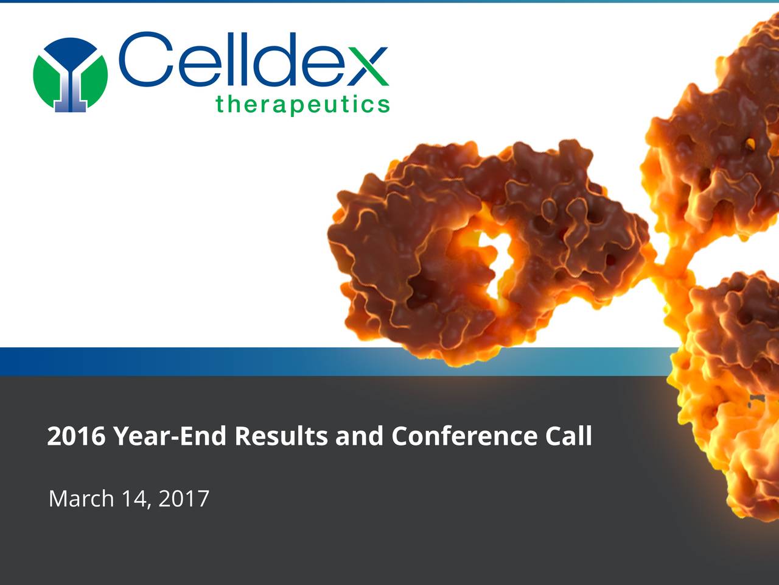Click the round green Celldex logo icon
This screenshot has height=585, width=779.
pyautogui.click(x=70, y=74)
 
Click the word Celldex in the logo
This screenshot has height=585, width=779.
pyautogui.click(x=253, y=60)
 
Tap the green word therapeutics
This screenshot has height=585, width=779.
pyautogui.click(x=302, y=105)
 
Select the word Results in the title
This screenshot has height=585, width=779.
pyautogui.click(x=282, y=436)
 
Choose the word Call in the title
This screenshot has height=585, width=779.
pyautogui.click(x=568, y=436)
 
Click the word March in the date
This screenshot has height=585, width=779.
pyautogui.click(x=82, y=498)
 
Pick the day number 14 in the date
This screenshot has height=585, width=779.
pyautogui.click(x=133, y=498)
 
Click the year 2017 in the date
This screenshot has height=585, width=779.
pyautogui.click(x=184, y=498)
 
